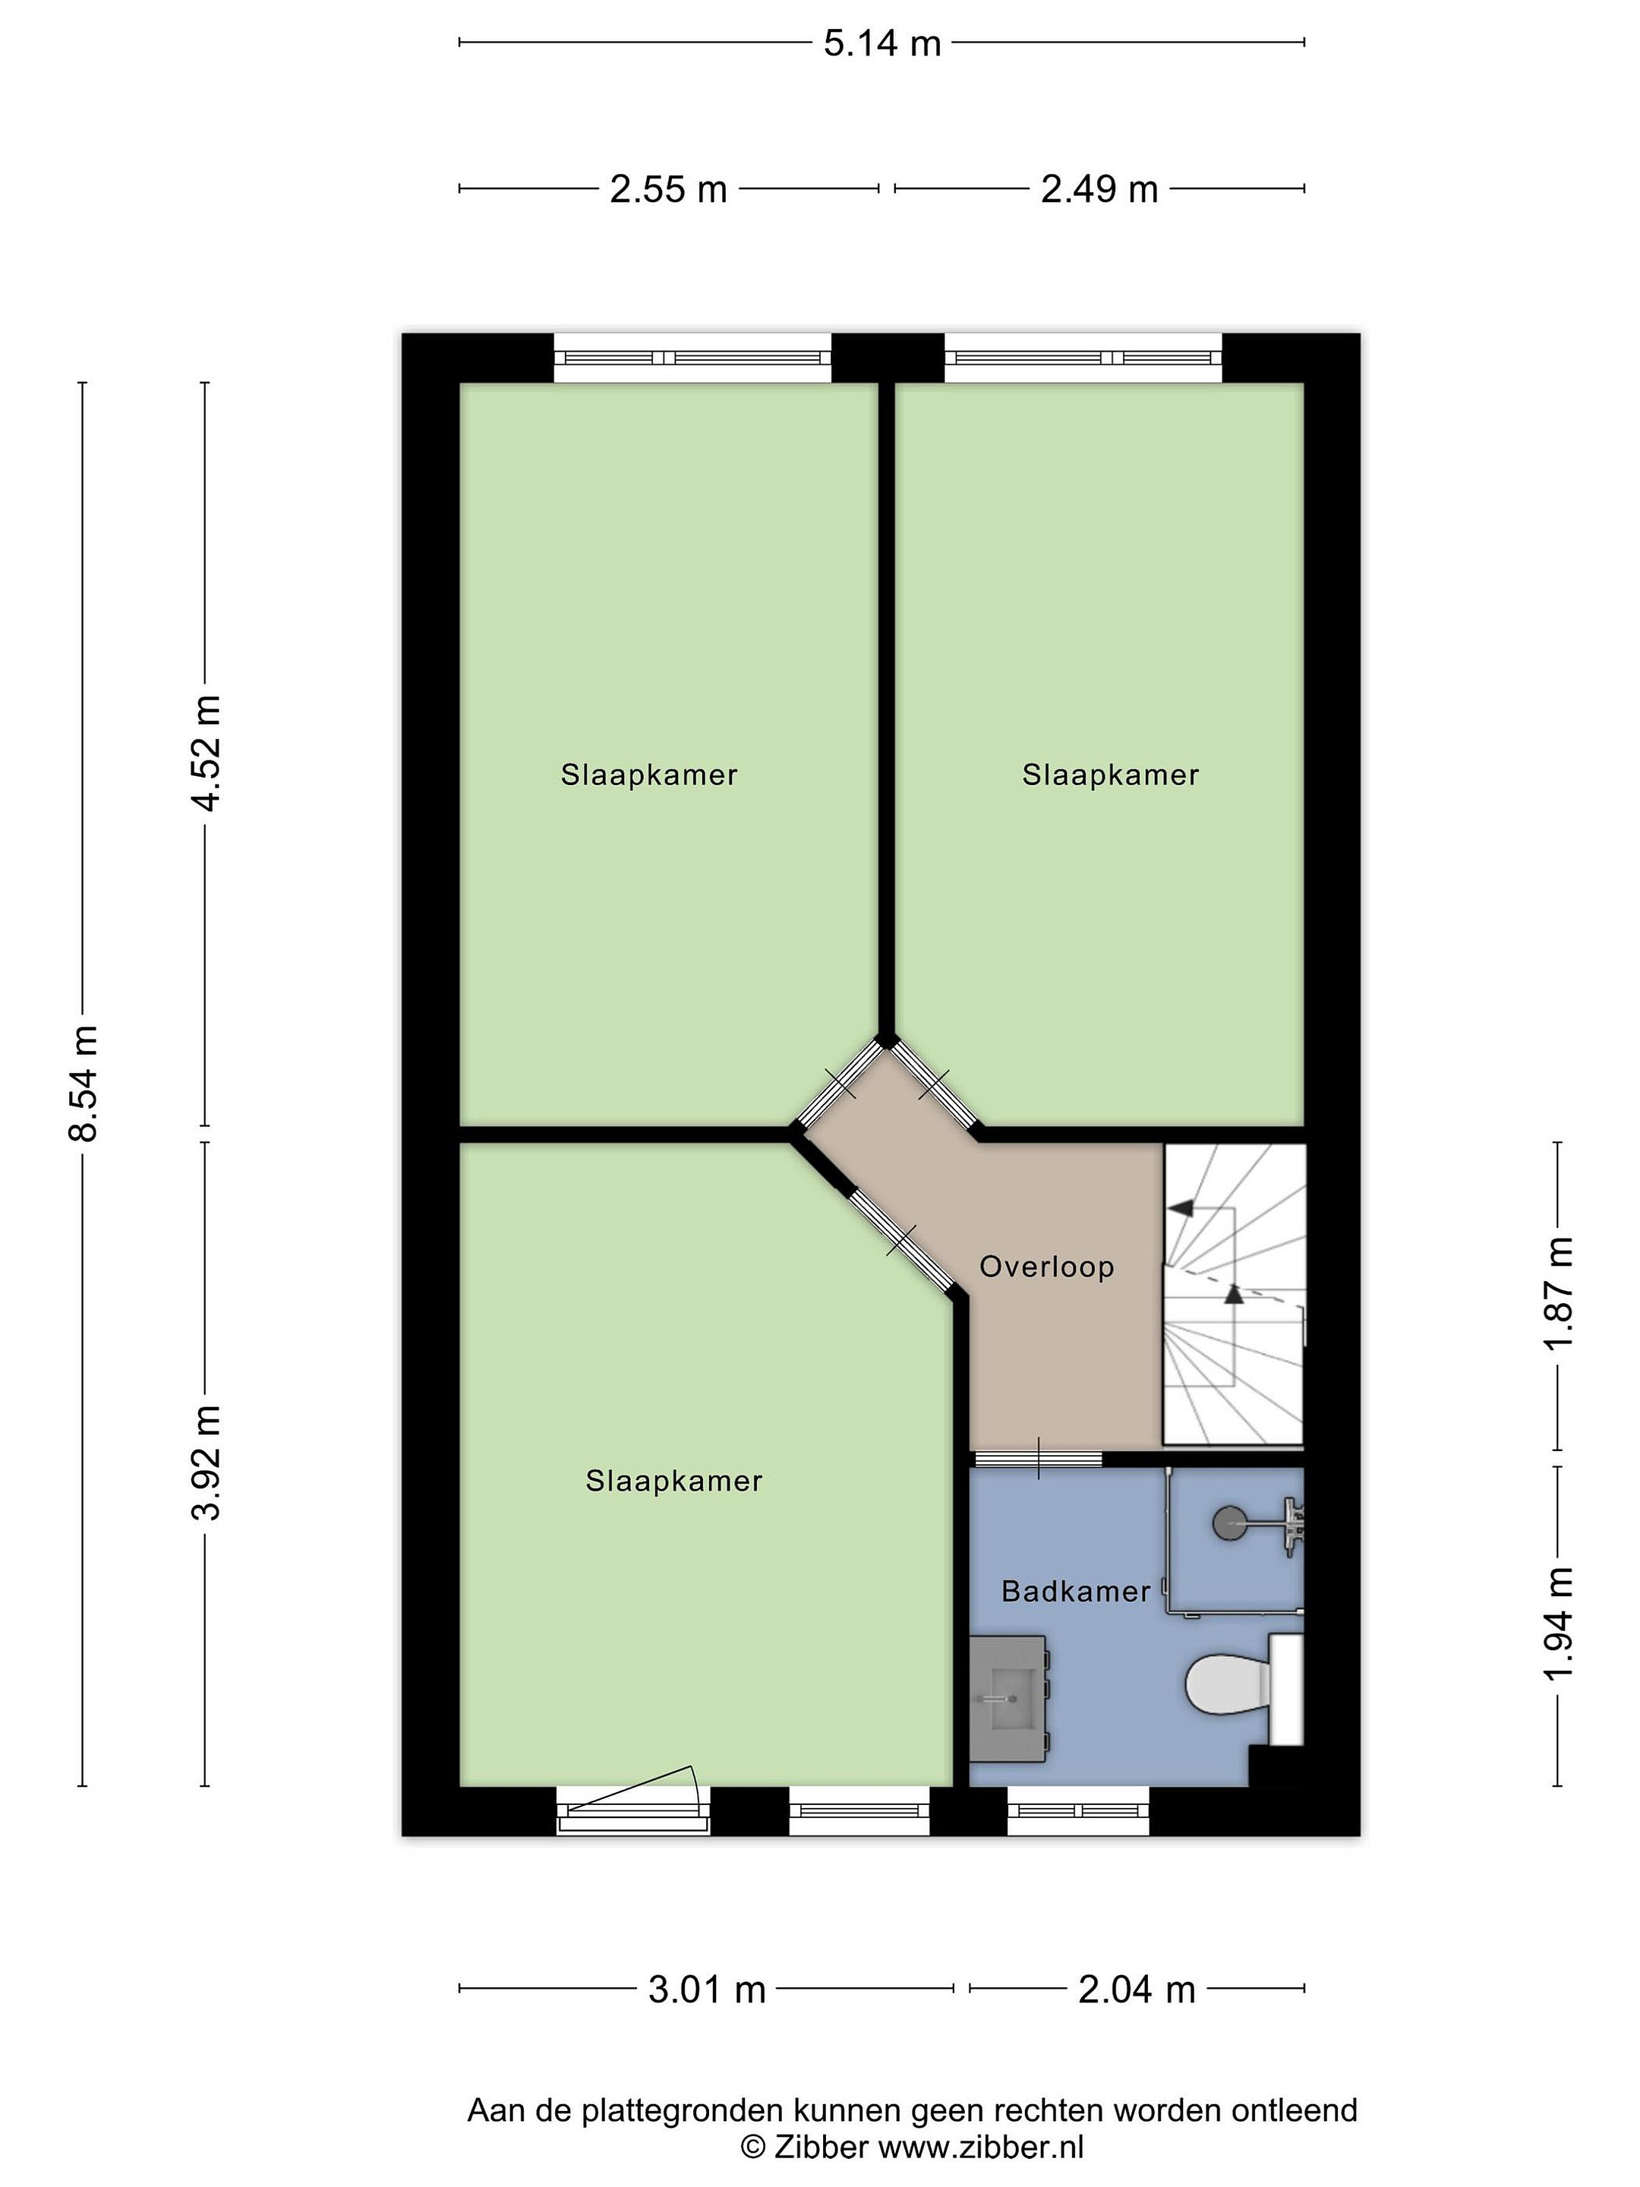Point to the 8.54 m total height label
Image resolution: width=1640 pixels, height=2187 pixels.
(x=83, y=1084)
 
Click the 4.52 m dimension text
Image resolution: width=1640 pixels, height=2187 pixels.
(x=207, y=753)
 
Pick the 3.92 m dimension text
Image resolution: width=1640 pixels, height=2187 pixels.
(x=207, y=1463)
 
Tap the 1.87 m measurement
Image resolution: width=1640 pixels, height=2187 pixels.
(x=1559, y=1293)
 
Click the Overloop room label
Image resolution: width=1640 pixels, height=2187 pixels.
(x=1047, y=1267)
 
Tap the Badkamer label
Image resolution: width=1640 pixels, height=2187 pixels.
(x=1076, y=1591)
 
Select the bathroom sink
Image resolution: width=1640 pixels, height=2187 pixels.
(x=1008, y=1699)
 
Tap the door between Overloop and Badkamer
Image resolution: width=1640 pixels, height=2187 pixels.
(x=1038, y=1458)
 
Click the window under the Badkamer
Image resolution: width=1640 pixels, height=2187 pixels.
(x=1078, y=1811)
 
